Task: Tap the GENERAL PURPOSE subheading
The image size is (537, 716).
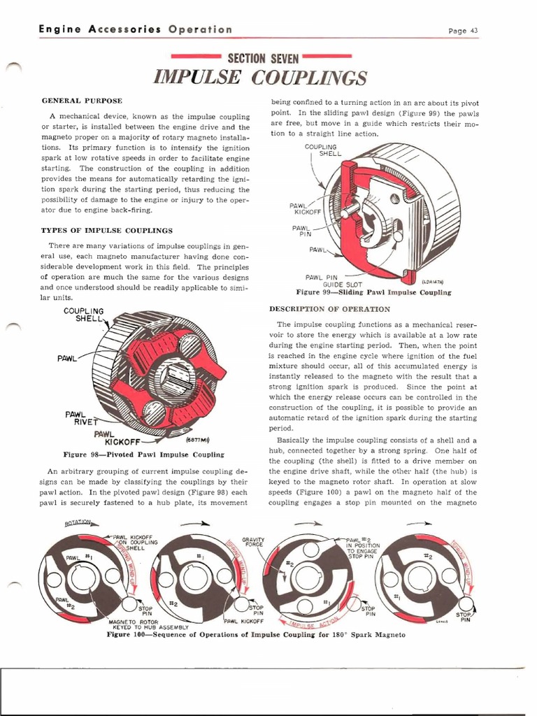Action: (x=82, y=101)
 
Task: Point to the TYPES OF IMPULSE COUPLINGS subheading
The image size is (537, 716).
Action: (x=107, y=230)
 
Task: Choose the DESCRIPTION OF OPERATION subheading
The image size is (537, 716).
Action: (x=329, y=308)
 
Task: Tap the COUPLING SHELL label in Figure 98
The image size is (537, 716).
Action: (x=83, y=315)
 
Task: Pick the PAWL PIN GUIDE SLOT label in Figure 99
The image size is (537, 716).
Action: (x=331, y=281)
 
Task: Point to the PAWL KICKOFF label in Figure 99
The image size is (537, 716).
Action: (x=302, y=208)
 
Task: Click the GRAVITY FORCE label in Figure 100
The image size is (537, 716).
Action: (x=252, y=543)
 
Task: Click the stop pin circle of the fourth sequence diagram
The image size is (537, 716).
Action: (x=466, y=606)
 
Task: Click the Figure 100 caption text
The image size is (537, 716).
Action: (x=255, y=635)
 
